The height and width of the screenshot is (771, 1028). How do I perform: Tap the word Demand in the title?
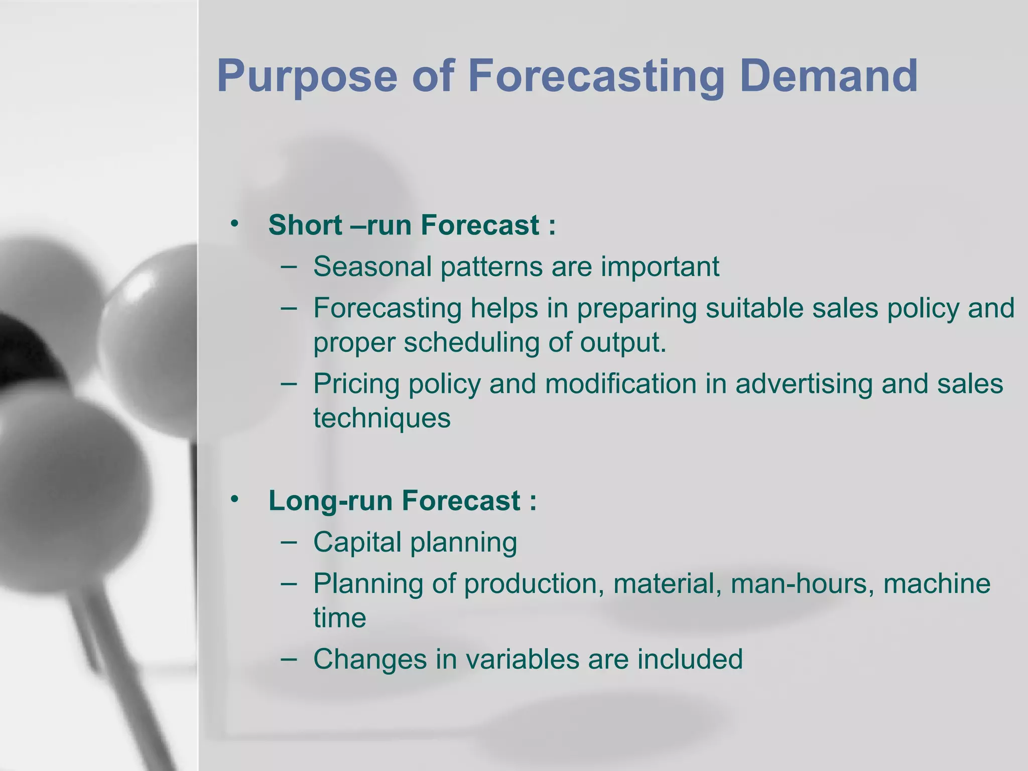828,76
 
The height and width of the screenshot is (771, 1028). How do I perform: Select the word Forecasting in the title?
596,76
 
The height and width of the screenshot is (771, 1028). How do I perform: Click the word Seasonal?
372,267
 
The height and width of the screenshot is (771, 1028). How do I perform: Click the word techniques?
381,418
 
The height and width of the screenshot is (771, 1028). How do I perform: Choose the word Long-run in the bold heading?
330,501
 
